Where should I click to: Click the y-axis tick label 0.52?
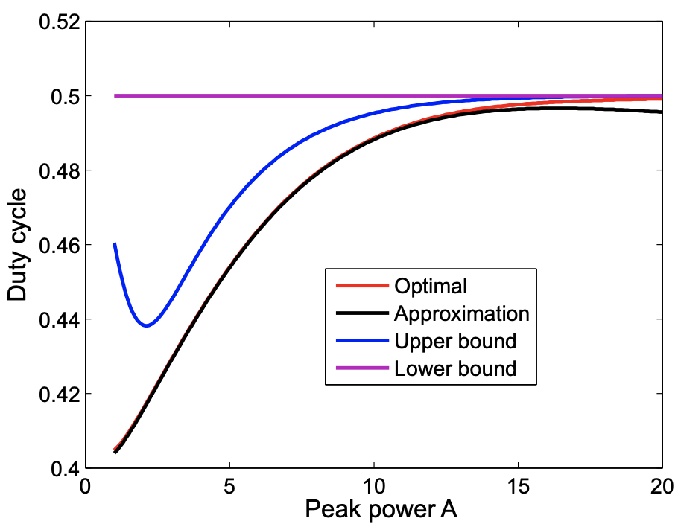click(x=57, y=22)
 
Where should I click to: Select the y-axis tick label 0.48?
click(x=57, y=170)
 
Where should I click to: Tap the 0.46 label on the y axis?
click(x=57, y=245)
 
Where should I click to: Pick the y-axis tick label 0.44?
click(x=57, y=319)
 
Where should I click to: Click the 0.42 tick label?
click(x=57, y=394)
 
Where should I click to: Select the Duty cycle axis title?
click(x=18, y=245)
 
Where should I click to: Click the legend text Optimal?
click(x=431, y=286)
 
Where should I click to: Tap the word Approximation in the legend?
click(x=462, y=313)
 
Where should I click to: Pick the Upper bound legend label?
click(x=455, y=341)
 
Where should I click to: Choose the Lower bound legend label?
click(x=455, y=368)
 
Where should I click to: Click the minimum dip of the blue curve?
click(x=147, y=325)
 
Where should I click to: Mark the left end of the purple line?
click(x=115, y=95)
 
